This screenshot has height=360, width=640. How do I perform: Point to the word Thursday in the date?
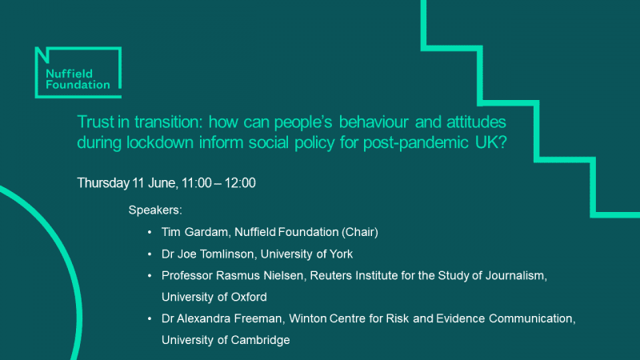(x=102, y=183)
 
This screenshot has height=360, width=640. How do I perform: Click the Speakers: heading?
(x=155, y=211)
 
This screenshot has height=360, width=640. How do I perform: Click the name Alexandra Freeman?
(x=221, y=319)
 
